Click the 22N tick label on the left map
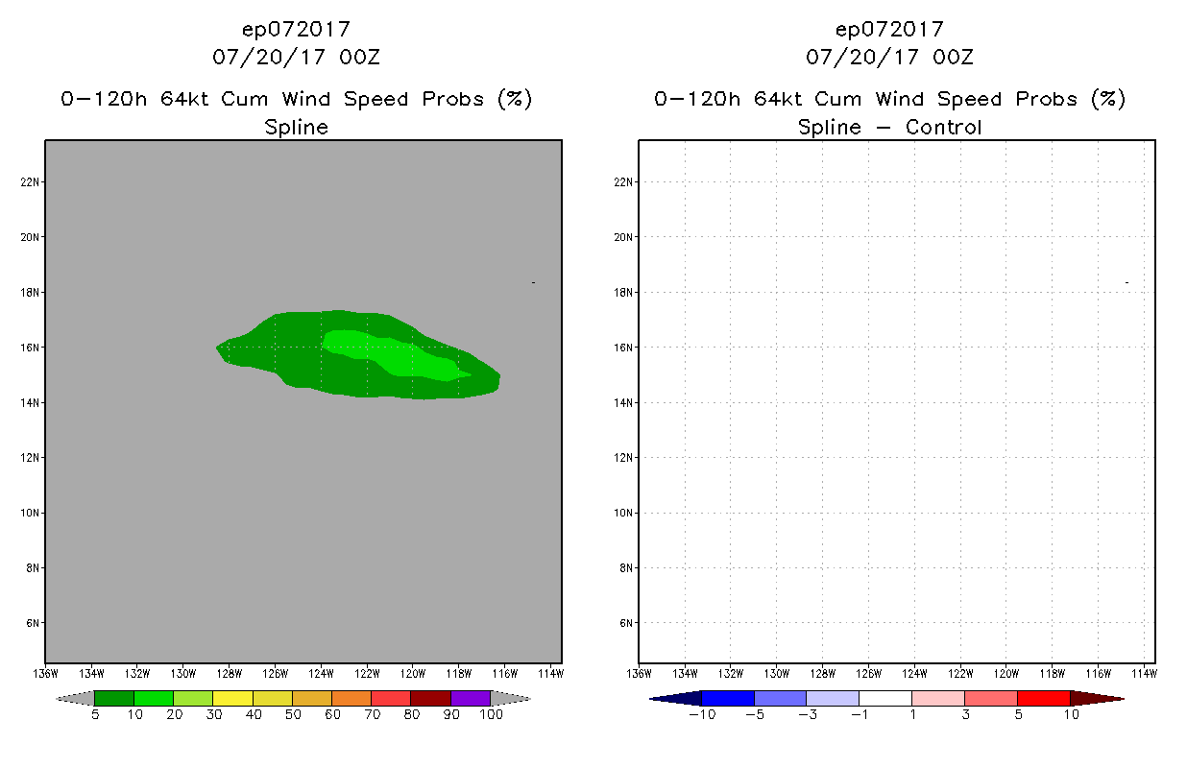[x=29, y=182]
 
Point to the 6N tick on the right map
[x=622, y=623]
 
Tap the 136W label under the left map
[x=45, y=672]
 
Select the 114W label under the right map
[x=1144, y=672]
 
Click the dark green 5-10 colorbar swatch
[x=114, y=698]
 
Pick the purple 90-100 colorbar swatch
[x=471, y=698]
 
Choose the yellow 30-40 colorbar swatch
[x=232, y=698]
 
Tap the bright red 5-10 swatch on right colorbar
[x=1043, y=698]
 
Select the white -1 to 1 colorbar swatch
[x=884, y=698]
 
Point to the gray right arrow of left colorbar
[x=510, y=698]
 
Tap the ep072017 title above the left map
[x=296, y=29]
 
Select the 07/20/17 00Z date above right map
[x=889, y=57]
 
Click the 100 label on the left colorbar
[x=491, y=714]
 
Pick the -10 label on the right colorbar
[x=702, y=714]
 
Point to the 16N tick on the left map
[x=29, y=348]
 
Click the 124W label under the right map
[x=914, y=672]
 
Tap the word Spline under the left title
[x=296, y=127]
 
